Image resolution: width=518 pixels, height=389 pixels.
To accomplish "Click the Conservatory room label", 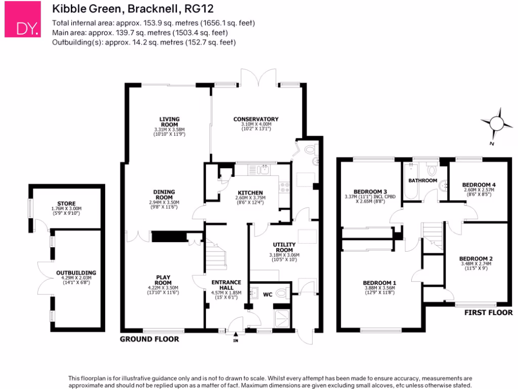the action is click(256, 120).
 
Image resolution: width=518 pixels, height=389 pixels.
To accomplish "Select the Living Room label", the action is click(169, 122).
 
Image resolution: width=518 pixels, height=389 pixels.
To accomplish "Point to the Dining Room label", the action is click(164, 194).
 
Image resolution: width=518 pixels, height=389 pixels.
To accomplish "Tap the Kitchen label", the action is click(250, 193).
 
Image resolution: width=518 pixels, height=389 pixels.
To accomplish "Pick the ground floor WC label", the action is click(268, 293).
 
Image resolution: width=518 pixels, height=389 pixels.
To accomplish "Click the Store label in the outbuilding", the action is click(66, 203).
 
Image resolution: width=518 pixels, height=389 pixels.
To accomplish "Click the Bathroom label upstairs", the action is click(423, 180).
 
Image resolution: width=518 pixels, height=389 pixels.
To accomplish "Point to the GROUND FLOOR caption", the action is click(149, 339).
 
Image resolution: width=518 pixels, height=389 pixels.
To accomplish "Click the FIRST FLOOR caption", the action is click(488, 313).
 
